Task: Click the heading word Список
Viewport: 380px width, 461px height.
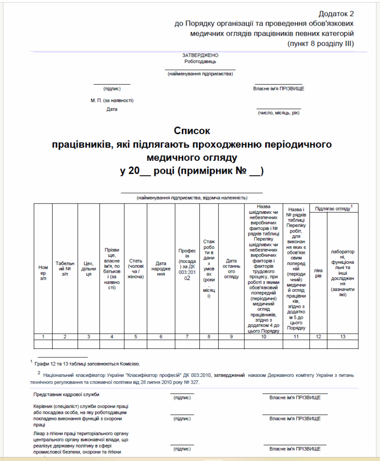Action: pos(192,131)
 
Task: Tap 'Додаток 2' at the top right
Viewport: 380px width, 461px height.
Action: pos(336,14)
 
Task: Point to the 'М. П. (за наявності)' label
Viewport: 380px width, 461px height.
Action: pos(112,100)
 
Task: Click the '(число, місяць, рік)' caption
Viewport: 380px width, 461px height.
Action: pos(278,113)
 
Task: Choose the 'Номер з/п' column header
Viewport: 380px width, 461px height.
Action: pos(43,273)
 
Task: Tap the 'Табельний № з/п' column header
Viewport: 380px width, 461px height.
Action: pos(65,268)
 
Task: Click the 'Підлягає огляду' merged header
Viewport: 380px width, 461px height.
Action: pos(334,208)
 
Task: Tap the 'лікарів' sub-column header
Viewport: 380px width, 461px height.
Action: pos(318,273)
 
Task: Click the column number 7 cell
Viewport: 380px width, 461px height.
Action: pos(186,336)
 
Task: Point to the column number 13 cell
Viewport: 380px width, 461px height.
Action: pos(343,336)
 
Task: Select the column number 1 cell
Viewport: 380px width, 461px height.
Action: pos(43,336)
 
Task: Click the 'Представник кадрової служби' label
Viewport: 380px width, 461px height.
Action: pos(66,395)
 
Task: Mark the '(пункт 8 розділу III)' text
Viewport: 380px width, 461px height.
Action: pos(321,44)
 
